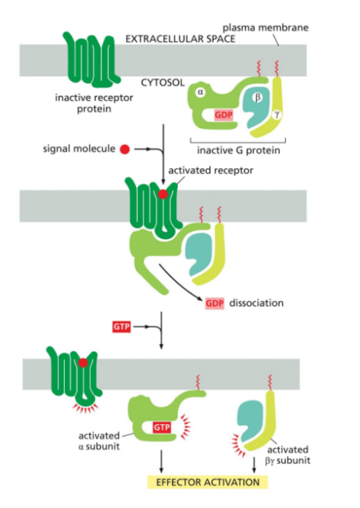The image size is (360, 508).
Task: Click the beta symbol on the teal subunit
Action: [256, 97]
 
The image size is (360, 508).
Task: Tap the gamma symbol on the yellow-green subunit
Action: [276, 115]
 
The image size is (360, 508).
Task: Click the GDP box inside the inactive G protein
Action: [223, 115]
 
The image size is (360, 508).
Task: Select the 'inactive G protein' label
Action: [239, 150]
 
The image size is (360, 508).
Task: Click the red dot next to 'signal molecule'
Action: [124, 149]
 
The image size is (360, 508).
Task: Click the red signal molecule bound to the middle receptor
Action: [162, 194]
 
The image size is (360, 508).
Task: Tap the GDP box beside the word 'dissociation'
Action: [214, 303]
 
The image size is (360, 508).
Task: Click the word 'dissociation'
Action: [256, 303]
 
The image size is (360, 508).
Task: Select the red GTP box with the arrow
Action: [120, 327]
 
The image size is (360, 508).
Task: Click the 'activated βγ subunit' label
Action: [288, 455]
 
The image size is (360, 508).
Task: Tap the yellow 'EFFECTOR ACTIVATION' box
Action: [207, 482]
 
